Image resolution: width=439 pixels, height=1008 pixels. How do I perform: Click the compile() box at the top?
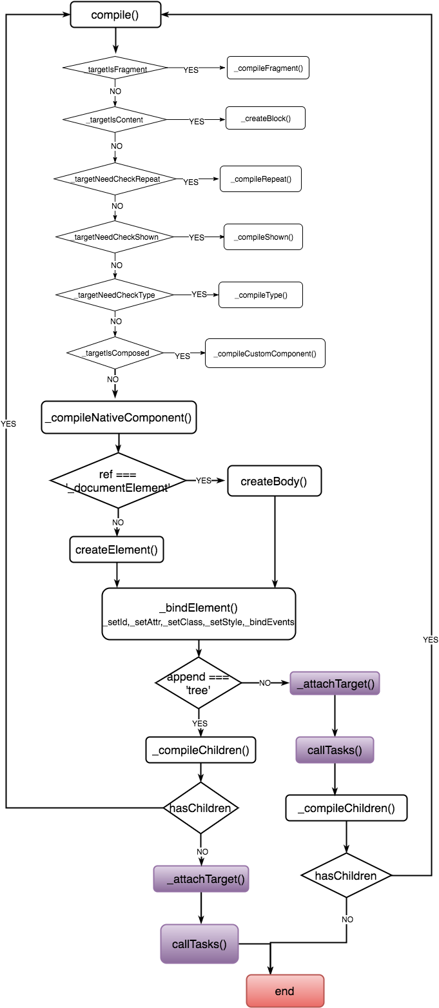[x=115, y=14]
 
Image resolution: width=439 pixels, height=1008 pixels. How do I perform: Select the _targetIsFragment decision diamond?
[x=115, y=68]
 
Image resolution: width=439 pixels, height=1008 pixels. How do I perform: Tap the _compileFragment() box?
[x=268, y=68]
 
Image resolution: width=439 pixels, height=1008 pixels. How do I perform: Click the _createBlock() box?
[x=265, y=119]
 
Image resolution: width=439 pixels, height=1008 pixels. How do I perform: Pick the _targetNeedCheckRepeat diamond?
[x=115, y=178]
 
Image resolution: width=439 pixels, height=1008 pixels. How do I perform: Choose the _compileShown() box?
[x=263, y=237]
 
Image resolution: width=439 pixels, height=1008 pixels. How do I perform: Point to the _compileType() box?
[x=260, y=295]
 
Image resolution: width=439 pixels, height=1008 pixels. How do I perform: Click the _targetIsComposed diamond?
[x=115, y=353]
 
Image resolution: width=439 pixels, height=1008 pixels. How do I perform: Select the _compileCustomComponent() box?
[x=265, y=353]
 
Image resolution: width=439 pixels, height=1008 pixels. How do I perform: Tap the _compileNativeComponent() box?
[x=119, y=418]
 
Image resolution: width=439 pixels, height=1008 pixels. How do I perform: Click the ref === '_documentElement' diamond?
[x=117, y=481]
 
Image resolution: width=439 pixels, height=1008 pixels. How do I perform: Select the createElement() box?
[x=117, y=550]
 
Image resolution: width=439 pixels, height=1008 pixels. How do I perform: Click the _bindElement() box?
[x=199, y=614]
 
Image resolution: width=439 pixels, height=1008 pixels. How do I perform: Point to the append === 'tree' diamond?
[x=199, y=683]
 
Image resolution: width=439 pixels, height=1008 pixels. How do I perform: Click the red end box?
[x=285, y=991]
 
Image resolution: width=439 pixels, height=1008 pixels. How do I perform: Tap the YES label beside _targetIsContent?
[x=196, y=121]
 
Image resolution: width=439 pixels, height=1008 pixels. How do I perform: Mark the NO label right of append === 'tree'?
[x=264, y=683]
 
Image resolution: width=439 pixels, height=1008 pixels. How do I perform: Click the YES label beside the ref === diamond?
[x=204, y=481]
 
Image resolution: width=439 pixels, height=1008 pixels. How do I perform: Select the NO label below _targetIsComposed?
[x=113, y=380]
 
